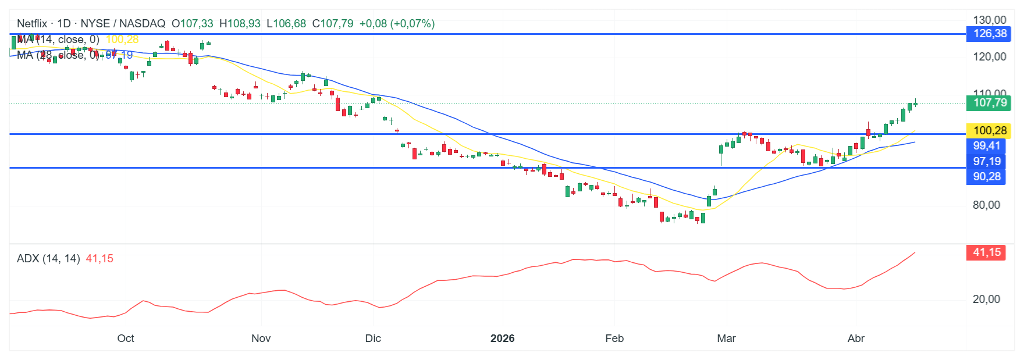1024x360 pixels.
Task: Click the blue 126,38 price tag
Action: (x=989, y=34)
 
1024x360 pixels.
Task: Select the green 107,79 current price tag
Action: (x=989, y=103)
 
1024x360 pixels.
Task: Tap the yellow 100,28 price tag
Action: (x=989, y=131)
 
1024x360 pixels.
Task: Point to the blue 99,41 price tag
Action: (x=987, y=146)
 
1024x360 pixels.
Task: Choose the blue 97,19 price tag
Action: (x=987, y=162)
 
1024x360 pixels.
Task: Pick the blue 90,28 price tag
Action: (x=987, y=177)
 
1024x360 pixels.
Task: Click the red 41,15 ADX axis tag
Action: (x=987, y=252)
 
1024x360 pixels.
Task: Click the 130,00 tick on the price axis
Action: (x=989, y=20)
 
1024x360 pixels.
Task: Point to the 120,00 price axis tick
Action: (x=989, y=57)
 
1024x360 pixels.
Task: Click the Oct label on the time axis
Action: (x=126, y=338)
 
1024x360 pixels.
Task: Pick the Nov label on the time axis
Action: (x=261, y=338)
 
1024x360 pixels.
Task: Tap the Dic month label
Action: (x=373, y=338)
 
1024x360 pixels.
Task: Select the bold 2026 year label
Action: (x=502, y=338)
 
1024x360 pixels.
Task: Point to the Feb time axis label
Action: (x=614, y=338)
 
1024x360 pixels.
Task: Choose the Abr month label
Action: (x=856, y=338)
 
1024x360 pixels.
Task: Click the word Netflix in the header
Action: (x=32, y=24)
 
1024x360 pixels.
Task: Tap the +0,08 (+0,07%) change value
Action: (x=397, y=24)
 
